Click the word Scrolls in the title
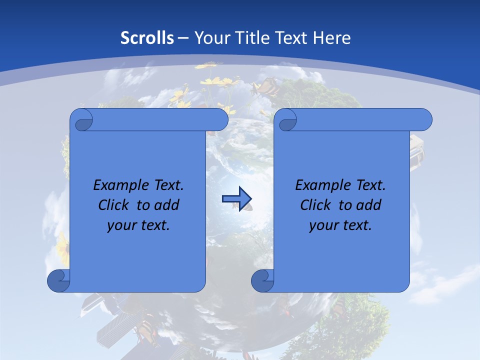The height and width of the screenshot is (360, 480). [x=147, y=38]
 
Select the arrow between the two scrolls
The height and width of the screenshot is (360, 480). [x=236, y=199]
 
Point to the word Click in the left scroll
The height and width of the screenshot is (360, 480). [x=114, y=205]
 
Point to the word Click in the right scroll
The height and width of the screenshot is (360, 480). [x=316, y=205]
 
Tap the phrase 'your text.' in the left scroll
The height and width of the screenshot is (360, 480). [x=138, y=225]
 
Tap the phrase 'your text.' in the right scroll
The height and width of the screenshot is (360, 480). [x=340, y=225]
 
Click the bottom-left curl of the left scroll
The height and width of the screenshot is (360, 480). [x=58, y=281]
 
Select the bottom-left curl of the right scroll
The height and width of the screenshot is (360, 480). [x=262, y=281]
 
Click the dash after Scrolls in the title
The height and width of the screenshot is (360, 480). [x=183, y=38]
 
